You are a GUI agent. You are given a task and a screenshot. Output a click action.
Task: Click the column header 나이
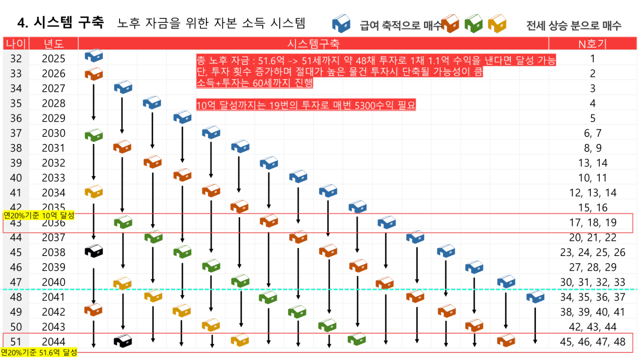[x=16, y=44]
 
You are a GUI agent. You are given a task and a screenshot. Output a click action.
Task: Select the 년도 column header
[x=53, y=44]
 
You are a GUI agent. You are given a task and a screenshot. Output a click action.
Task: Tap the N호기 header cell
[x=592, y=44]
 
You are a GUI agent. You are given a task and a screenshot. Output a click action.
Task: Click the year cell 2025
[x=53, y=59]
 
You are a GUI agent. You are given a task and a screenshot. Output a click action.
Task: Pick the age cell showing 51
[x=16, y=341]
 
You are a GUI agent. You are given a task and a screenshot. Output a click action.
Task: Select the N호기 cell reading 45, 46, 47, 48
[x=592, y=341]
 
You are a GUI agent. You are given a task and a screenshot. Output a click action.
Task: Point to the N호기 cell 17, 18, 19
[x=592, y=222]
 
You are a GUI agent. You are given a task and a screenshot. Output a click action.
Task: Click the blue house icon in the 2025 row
[x=94, y=56]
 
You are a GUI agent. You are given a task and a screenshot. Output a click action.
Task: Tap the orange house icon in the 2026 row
[x=94, y=74]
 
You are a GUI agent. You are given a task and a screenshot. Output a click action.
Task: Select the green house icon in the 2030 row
[x=94, y=135]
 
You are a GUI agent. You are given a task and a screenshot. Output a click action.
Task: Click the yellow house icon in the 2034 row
[x=94, y=192]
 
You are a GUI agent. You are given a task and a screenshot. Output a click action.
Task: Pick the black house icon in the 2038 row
[x=94, y=251]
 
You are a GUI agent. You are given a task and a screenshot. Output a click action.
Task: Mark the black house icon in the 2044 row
[x=123, y=341]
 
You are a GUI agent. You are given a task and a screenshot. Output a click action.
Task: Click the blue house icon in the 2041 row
[x=536, y=297]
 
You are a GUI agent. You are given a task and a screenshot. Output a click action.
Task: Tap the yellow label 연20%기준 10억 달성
[x=39, y=216]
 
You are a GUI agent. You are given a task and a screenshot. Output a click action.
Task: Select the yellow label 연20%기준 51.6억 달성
[x=39, y=352]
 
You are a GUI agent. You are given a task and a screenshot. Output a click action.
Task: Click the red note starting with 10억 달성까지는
[x=306, y=105]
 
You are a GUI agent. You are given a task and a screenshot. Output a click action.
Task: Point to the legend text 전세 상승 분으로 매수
[x=573, y=26]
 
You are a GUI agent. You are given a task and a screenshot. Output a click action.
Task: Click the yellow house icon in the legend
[x=497, y=24]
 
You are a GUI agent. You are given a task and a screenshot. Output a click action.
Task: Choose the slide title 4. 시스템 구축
[x=61, y=22]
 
